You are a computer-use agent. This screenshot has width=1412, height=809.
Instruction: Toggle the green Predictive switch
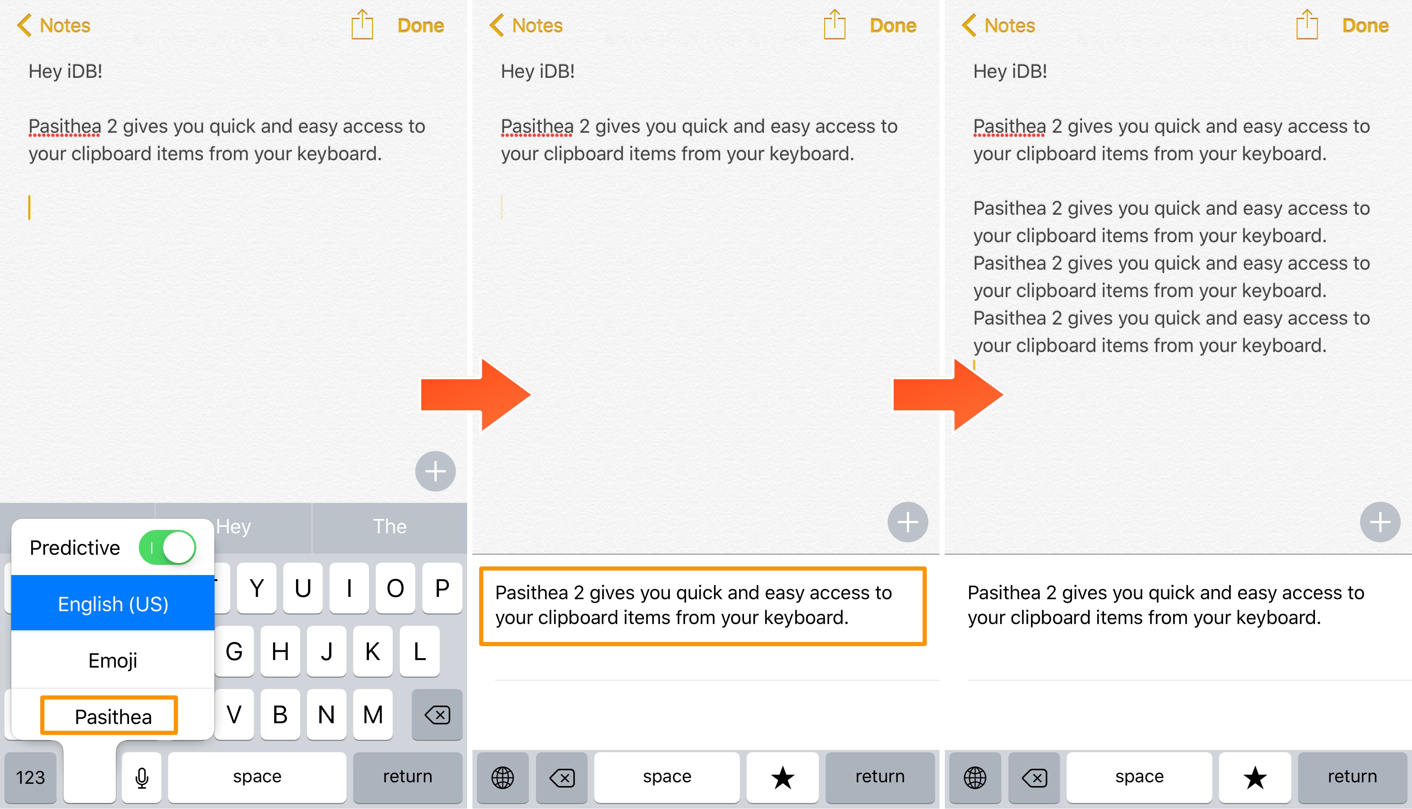point(167,547)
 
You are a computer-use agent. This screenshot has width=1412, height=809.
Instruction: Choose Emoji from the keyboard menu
point(113,660)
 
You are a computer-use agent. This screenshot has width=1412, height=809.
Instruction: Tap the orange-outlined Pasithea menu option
point(109,716)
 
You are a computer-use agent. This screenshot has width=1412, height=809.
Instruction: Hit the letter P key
point(442,588)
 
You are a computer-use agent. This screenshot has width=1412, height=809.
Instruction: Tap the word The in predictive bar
point(390,526)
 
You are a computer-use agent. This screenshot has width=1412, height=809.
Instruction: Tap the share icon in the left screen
point(362,24)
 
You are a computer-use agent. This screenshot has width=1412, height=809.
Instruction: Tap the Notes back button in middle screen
point(526,26)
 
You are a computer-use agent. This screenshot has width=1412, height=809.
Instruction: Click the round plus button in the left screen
point(436,471)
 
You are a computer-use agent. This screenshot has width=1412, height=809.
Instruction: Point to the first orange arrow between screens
point(476,395)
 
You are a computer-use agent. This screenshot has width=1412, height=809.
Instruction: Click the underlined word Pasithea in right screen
point(1009,127)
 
